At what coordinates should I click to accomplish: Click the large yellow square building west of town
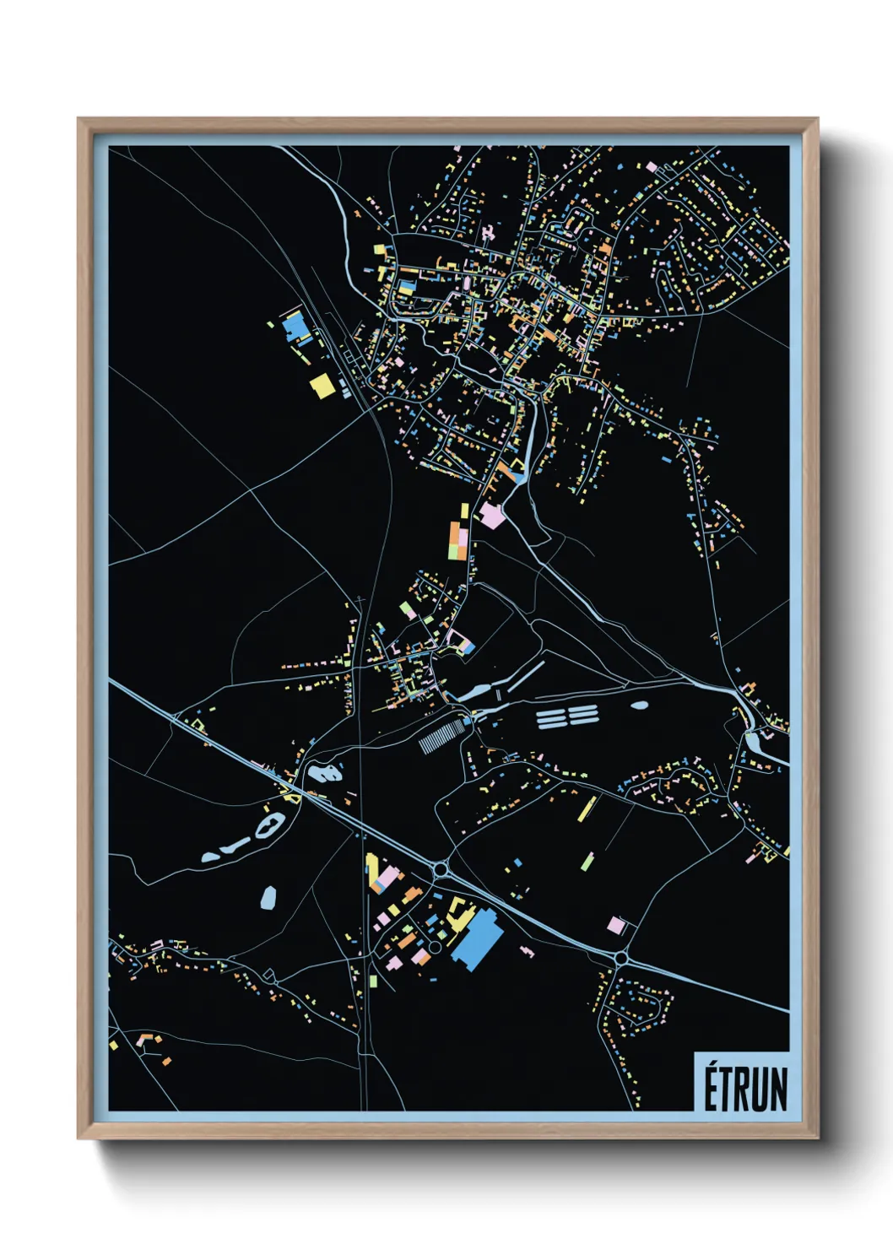pos(322,387)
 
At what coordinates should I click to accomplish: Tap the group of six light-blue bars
pos(567,716)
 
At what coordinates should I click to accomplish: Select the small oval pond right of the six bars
pos(639,705)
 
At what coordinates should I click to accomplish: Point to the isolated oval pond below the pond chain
pos(268,896)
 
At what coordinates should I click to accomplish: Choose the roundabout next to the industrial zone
pos(441,868)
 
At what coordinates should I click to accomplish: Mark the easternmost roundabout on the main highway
pos(622,959)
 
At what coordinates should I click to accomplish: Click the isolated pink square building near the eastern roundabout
pos(616,926)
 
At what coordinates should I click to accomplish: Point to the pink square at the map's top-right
pos(651,167)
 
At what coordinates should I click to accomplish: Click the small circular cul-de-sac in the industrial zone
pos(435,947)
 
